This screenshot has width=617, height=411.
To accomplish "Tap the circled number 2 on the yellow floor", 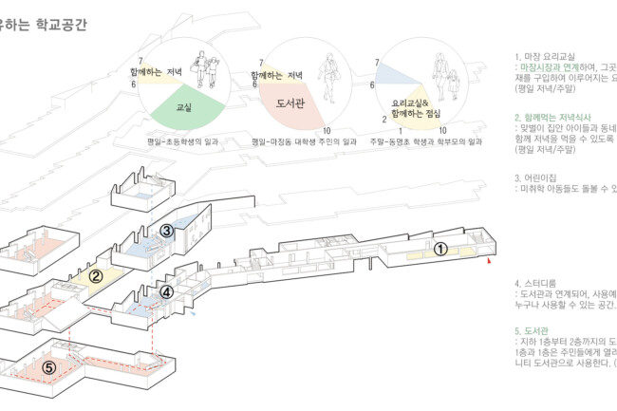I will coord(96,277).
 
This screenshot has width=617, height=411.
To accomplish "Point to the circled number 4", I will coord(167,292).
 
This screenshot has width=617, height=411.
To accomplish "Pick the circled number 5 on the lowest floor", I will coord(49,366).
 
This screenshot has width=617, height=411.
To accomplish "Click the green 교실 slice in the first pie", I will coord(186,107).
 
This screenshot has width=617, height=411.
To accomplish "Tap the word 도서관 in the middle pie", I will coord(290,103).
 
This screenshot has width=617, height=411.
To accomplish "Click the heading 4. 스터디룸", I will coord(541,283).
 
